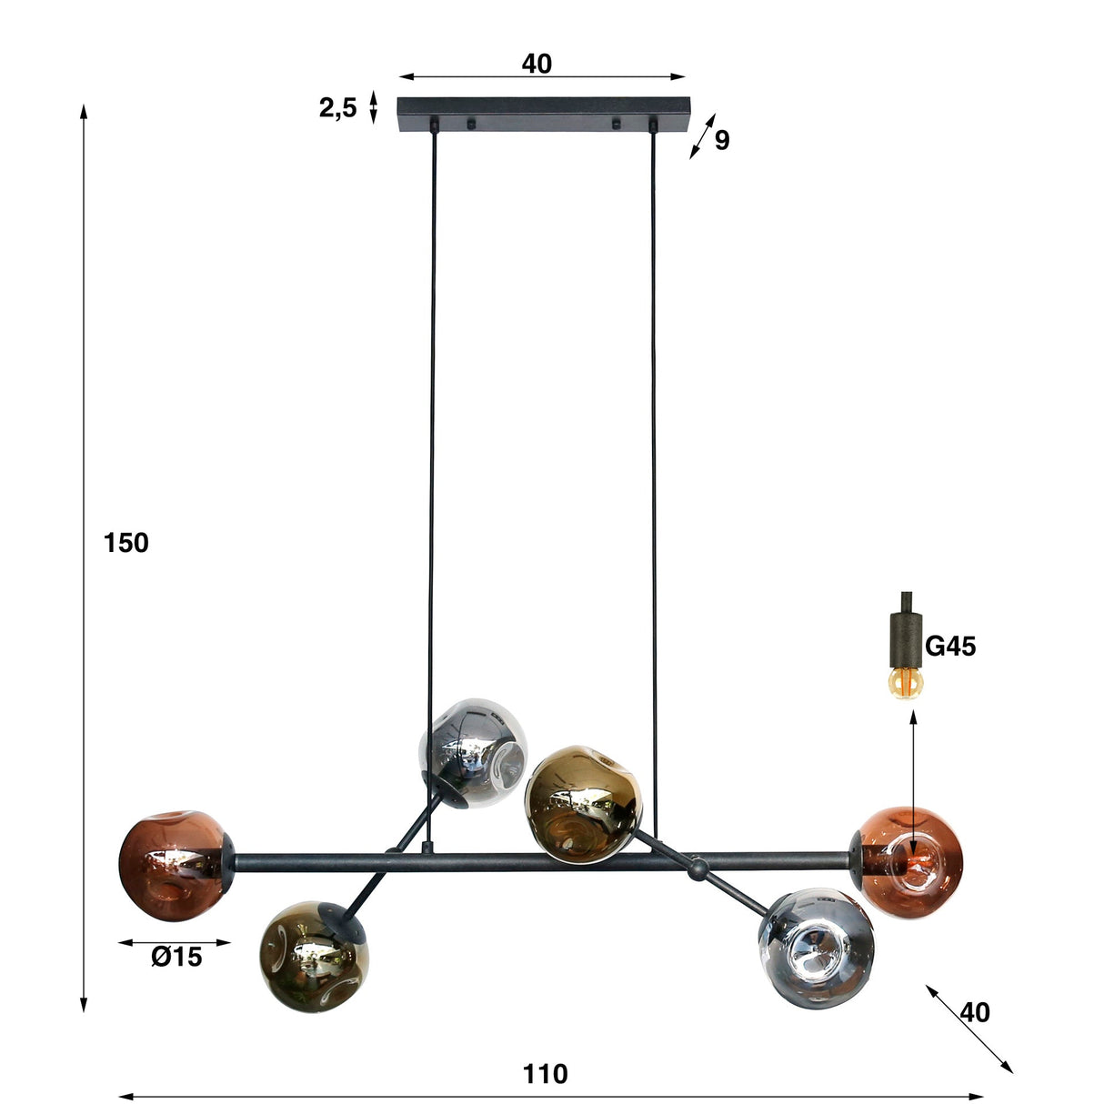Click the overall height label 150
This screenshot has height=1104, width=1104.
[x=125, y=543]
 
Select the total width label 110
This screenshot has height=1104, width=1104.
[x=545, y=1074]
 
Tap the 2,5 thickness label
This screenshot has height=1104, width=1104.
[x=337, y=109]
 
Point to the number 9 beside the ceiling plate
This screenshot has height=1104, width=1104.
[x=721, y=141]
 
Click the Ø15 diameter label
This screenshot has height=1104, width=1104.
[x=176, y=957]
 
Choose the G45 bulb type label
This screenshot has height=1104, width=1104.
[x=950, y=647]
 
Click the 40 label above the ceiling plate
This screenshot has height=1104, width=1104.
[x=537, y=64]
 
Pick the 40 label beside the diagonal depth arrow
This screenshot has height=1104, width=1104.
[x=975, y=1012]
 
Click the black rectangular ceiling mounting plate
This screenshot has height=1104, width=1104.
[x=543, y=115]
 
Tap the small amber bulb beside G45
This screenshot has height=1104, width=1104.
[x=906, y=681]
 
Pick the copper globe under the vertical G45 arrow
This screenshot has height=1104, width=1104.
[x=909, y=862]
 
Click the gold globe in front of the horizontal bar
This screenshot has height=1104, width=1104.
[x=582, y=803]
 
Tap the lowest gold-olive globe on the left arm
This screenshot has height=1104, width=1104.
[x=313, y=956]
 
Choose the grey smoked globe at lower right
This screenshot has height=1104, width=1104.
[x=815, y=948]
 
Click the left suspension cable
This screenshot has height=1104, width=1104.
[x=430, y=455]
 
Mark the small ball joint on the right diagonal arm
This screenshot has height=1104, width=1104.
[x=698, y=869]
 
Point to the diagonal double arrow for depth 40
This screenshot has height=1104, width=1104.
[x=969, y=1029]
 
